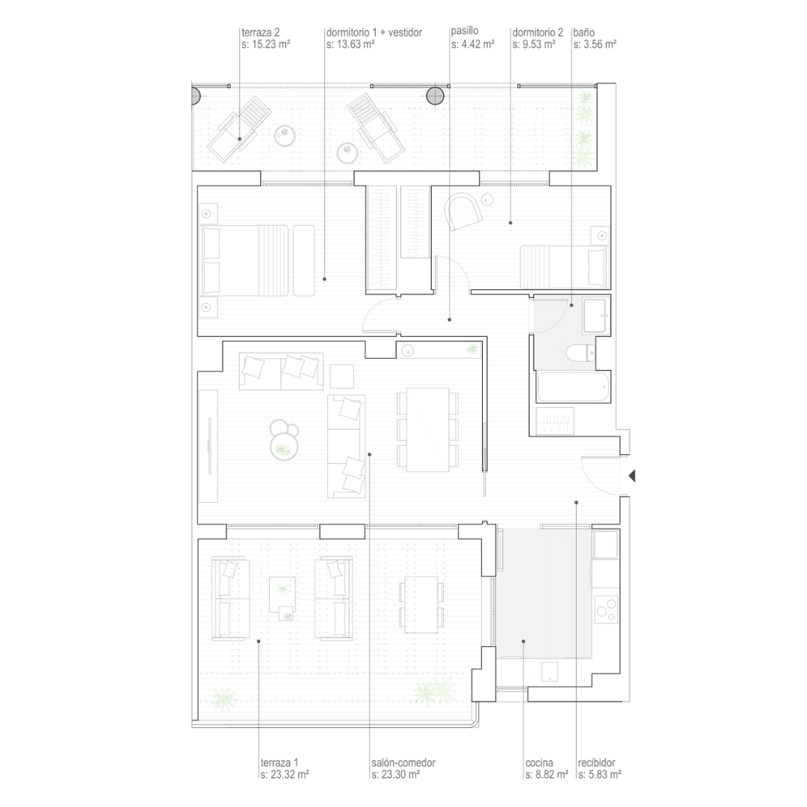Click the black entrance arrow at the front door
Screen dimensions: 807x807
click(x=632, y=476)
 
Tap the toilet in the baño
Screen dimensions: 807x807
click(x=581, y=353)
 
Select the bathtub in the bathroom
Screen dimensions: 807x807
click(x=573, y=387)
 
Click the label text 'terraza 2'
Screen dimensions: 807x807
click(x=261, y=33)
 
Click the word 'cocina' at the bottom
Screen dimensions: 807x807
click(x=539, y=763)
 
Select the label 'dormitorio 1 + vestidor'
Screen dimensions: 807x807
click(x=374, y=32)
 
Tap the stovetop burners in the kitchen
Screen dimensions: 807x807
click(x=606, y=610)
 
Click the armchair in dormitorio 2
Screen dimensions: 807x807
click(x=466, y=211)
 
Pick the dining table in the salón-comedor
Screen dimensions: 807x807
click(x=427, y=430)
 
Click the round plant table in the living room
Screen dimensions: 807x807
click(x=284, y=440)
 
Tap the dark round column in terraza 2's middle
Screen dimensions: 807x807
click(x=435, y=95)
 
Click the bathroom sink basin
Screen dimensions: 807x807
click(x=596, y=315)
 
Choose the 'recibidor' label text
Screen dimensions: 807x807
click(x=596, y=763)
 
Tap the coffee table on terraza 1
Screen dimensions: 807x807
click(x=282, y=595)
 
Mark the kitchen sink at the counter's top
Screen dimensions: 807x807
click(x=605, y=545)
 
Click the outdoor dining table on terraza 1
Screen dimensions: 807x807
click(x=421, y=605)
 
